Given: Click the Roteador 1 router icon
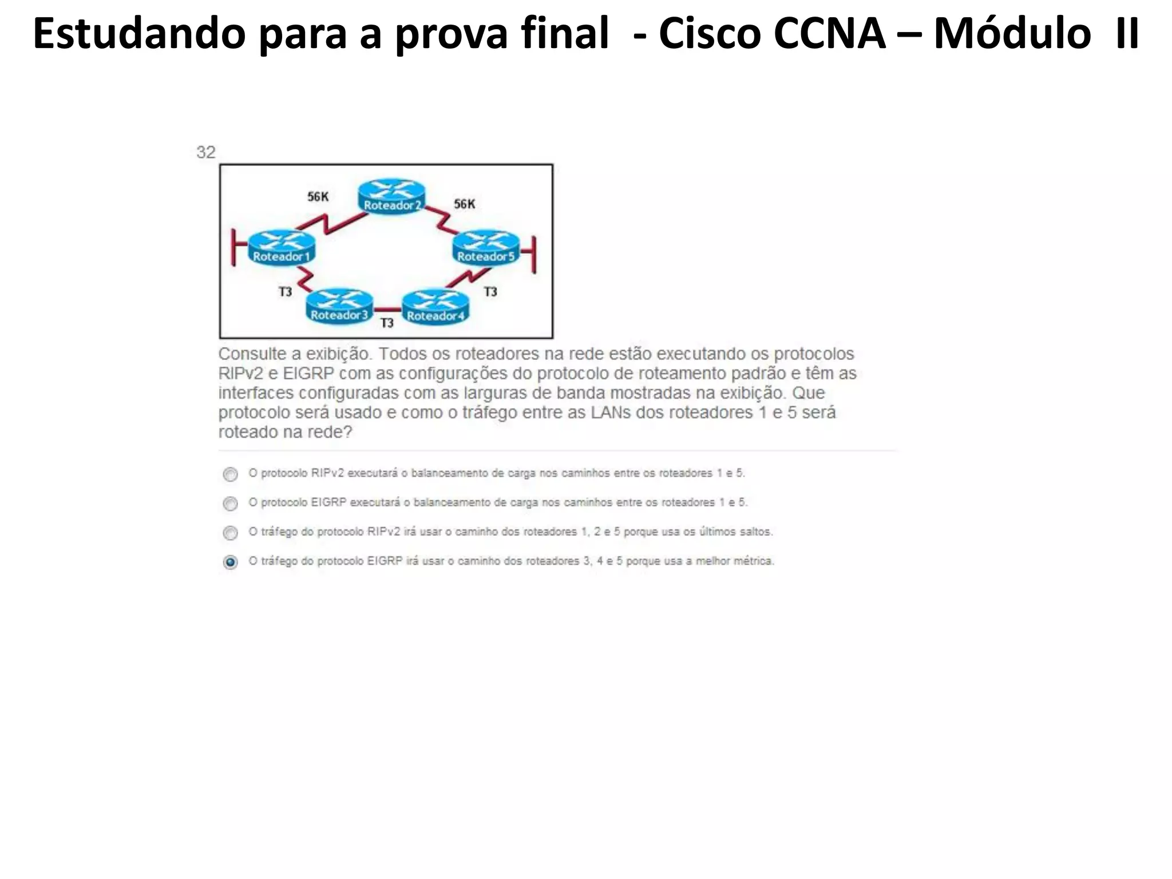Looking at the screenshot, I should coord(282,247).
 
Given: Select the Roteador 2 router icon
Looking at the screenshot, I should coord(392,196).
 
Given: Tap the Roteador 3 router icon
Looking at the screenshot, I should coord(339,306).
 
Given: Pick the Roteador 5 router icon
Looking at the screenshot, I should coord(486,247).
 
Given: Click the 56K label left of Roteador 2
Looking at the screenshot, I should coord(318,197).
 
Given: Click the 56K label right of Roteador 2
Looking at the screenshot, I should coord(464,204).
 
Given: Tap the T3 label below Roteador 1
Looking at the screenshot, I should coord(285,292).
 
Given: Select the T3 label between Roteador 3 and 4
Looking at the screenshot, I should coord(387,323).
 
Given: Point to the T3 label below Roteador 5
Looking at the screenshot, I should coord(490,292).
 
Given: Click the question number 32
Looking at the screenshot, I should coord(205,152).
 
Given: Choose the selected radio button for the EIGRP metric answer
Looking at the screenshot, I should coord(230,562).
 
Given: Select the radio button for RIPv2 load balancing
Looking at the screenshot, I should coord(230,474).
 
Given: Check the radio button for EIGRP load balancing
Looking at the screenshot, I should coord(230,504).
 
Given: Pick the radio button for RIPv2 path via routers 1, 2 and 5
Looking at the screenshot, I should coord(230,533).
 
